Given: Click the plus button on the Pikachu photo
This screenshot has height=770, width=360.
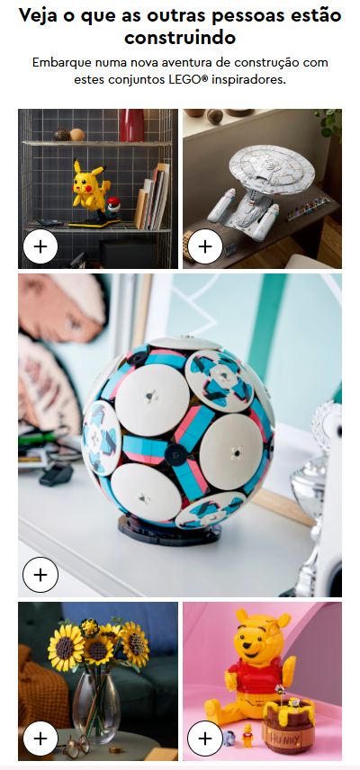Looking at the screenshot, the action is pyautogui.click(x=40, y=246).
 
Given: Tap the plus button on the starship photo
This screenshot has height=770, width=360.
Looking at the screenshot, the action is pyautogui.click(x=205, y=246).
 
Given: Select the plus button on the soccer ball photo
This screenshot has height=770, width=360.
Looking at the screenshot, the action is pyautogui.click(x=40, y=575).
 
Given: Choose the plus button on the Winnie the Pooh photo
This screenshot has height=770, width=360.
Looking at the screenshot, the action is pyautogui.click(x=205, y=739).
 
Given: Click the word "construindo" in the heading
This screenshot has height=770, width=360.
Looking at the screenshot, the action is pyautogui.click(x=180, y=37).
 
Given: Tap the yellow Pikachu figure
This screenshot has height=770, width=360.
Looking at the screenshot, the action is pyautogui.click(x=87, y=185).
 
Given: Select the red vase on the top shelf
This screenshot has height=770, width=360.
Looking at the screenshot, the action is pyautogui.click(x=132, y=125).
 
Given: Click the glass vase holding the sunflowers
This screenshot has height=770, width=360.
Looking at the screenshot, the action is pyautogui.click(x=96, y=707).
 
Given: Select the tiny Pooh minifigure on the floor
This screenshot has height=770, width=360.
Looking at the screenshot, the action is pyautogui.click(x=247, y=735).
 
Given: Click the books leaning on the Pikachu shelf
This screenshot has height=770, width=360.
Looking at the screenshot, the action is pyautogui.click(x=153, y=197).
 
